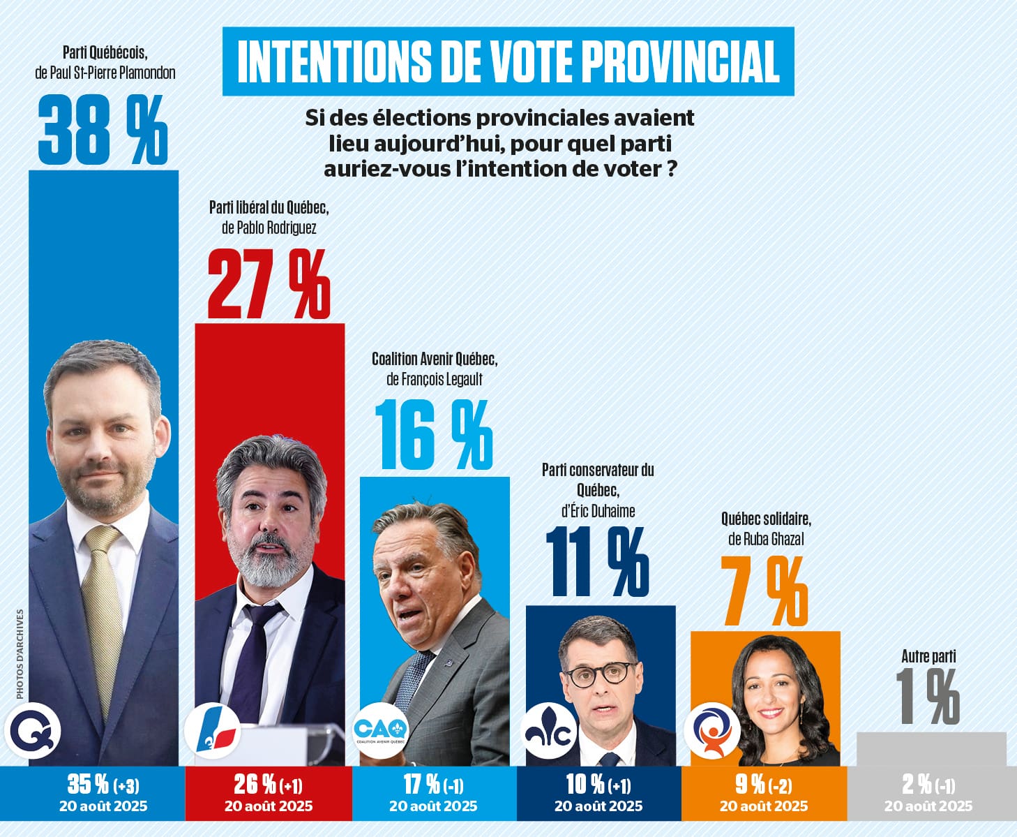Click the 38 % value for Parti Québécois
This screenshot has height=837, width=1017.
pyautogui.click(x=103, y=130)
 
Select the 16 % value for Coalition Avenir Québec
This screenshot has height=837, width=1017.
pyautogui.click(x=433, y=435)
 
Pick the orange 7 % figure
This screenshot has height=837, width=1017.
pyautogui.click(x=764, y=593)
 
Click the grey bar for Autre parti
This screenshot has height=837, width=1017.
pyautogui.click(x=931, y=749)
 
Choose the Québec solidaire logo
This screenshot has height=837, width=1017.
pyautogui.click(x=711, y=732)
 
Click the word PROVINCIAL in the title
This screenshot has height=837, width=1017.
pyautogui.click(x=680, y=61)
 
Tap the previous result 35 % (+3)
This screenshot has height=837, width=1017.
pyautogui.click(x=103, y=785)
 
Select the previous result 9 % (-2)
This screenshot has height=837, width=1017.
pyautogui.click(x=763, y=785)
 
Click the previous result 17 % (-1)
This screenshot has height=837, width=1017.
pyautogui.click(x=433, y=785)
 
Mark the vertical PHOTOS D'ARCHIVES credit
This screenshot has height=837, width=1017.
pyautogui.click(x=20, y=653)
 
